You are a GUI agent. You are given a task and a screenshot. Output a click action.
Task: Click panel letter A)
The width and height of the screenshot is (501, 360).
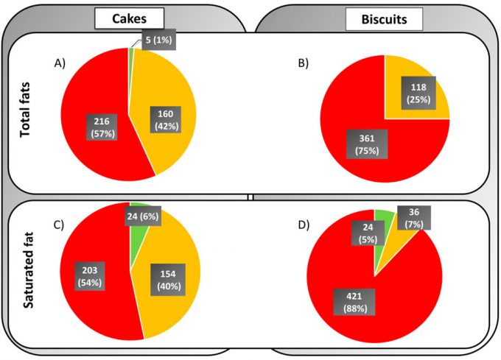point(61,64)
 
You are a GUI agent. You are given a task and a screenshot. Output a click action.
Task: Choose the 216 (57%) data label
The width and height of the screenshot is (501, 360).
point(99,127)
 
